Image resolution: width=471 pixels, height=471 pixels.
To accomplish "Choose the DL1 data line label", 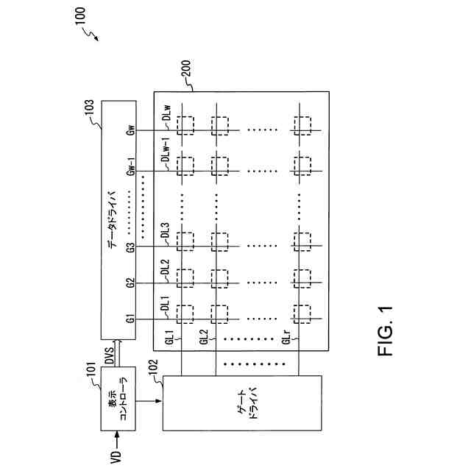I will pos(166,303).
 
